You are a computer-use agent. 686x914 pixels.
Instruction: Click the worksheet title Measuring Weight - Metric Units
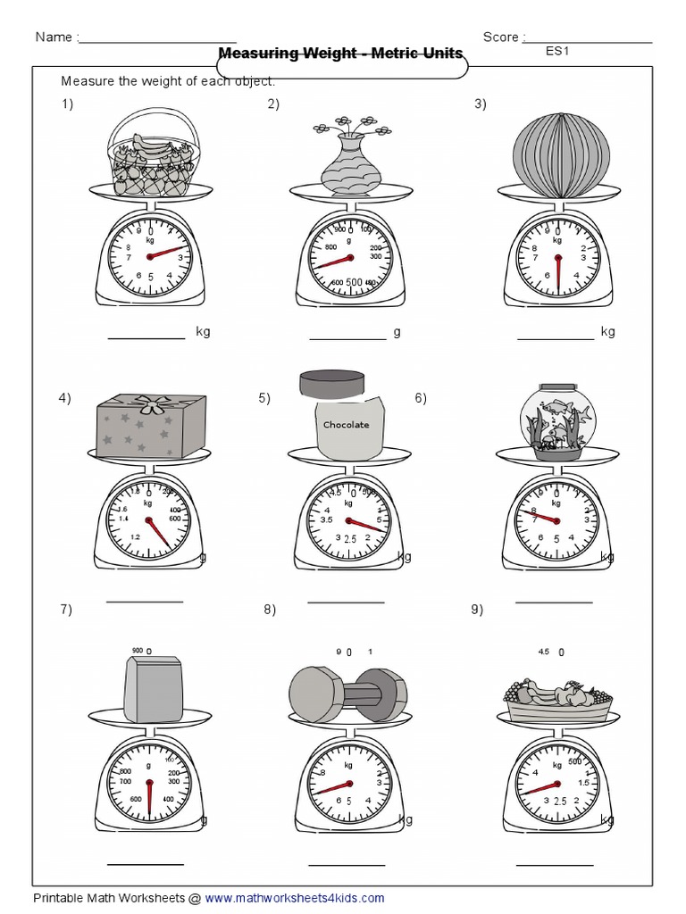pyautogui.click(x=340, y=54)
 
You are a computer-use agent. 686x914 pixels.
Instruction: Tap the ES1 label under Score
pyautogui.click(x=557, y=51)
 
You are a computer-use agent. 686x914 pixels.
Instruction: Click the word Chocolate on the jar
pyautogui.click(x=346, y=425)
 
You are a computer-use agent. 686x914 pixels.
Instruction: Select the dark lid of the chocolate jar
pyautogui.click(x=331, y=383)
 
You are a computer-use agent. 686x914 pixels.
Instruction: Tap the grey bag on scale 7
pyautogui.click(x=153, y=688)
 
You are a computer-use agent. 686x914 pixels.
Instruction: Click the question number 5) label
pyautogui.click(x=264, y=398)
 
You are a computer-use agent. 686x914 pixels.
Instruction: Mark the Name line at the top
pyautogui.click(x=158, y=41)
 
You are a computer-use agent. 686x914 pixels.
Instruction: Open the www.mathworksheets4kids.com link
pyautogui.click(x=297, y=898)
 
